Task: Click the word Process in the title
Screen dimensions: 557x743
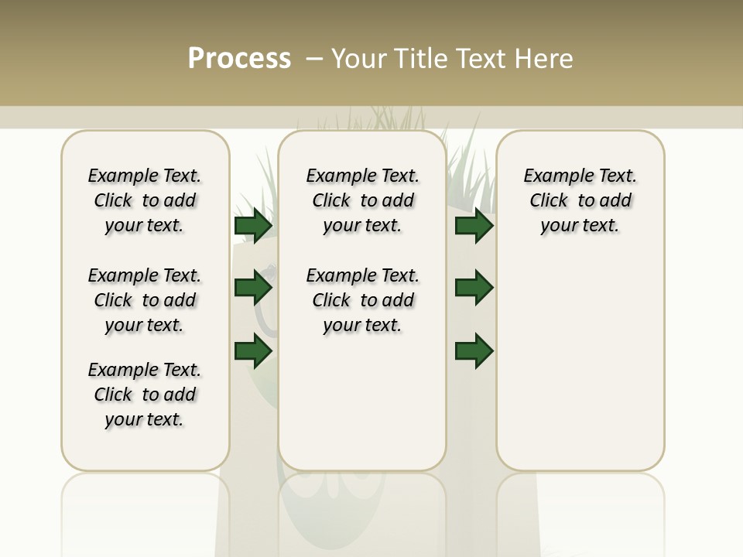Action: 239,59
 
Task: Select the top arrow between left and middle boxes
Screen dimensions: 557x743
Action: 253,226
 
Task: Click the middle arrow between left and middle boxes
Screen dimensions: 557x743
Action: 253,289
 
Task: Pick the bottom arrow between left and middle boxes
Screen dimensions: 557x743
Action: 253,351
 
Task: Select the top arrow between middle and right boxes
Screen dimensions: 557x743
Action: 474,226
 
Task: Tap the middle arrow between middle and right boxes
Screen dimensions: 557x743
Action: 474,289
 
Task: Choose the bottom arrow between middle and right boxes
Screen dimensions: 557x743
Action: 474,351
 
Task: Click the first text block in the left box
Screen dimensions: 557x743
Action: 145,200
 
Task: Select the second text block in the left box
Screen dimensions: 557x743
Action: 145,300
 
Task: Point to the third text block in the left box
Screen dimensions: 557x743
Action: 145,395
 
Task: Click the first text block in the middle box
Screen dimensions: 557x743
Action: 362,200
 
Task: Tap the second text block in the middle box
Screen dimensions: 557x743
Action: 362,300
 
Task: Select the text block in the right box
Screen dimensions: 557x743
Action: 580,200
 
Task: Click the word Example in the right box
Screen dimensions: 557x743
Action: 552,176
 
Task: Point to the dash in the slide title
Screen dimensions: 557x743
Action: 314,59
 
